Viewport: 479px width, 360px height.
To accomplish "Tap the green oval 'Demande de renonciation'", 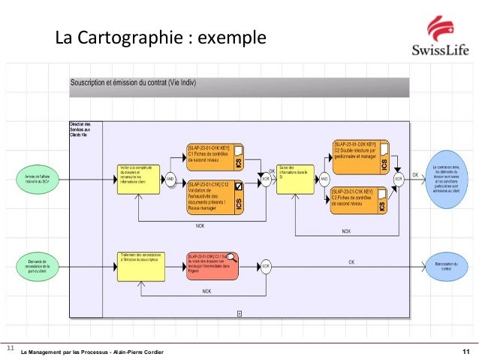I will click(x=35, y=265).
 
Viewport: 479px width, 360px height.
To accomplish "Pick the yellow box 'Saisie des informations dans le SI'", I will click(x=295, y=179).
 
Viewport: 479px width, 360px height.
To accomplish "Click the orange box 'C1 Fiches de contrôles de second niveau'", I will click(x=214, y=156).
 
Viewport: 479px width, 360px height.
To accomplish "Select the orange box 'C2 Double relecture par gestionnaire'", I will click(x=360, y=154).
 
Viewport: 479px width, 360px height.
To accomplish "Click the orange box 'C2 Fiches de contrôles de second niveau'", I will click(x=360, y=201).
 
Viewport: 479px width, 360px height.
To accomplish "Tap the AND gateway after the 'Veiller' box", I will click(x=170, y=180).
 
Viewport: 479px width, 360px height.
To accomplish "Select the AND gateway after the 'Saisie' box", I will click(x=324, y=180).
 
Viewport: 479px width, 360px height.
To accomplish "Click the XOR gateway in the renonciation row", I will click(x=265, y=265).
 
